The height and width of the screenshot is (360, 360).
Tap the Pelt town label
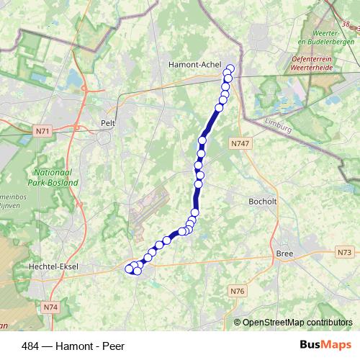click(x=109, y=122)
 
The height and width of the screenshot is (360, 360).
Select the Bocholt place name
click(x=262, y=202)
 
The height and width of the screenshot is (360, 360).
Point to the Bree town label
click(x=284, y=253)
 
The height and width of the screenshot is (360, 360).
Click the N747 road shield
click(x=240, y=144)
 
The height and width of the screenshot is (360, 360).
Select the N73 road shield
click(x=344, y=252)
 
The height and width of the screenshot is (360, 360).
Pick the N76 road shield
click(x=238, y=291)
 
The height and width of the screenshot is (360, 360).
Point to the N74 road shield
click(x=50, y=307)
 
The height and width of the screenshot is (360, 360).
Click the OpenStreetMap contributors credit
click(x=297, y=322)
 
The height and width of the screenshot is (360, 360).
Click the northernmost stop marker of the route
click(x=230, y=69)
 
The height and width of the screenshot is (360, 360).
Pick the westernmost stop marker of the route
click(x=130, y=269)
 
